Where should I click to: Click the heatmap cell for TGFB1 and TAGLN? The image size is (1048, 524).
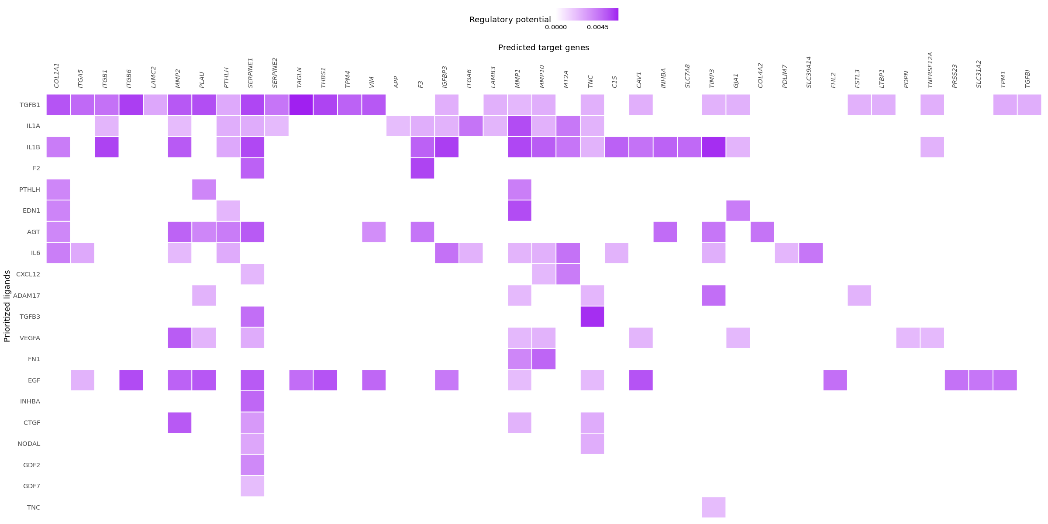[x=301, y=105]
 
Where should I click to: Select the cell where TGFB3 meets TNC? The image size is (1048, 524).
[x=592, y=317]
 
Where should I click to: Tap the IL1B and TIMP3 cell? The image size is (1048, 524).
[x=714, y=147]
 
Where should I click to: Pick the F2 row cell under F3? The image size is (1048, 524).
[x=422, y=168]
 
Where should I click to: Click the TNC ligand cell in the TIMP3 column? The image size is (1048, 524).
[x=714, y=507]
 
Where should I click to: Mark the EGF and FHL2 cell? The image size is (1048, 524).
[x=835, y=380]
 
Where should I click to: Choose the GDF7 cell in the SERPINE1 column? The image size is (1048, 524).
[x=252, y=486]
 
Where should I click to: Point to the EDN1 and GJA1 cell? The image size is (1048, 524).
[x=738, y=210]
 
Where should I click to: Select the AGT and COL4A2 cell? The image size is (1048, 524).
[x=762, y=232]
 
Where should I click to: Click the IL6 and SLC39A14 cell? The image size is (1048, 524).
[x=810, y=253]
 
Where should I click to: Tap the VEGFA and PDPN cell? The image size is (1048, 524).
[x=908, y=338]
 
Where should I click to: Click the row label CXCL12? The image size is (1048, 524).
[x=28, y=274]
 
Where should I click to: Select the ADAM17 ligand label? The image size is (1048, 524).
[x=27, y=296]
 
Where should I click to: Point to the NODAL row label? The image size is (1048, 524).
[x=29, y=444]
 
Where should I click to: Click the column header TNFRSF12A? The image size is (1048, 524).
[x=931, y=70]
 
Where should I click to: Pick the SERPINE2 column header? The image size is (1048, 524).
[x=275, y=72]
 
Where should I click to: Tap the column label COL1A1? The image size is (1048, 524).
[x=57, y=75]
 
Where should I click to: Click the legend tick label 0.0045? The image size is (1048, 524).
[x=597, y=27]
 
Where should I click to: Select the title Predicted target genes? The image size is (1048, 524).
[x=543, y=48]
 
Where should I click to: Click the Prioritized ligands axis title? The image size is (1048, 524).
[x=7, y=306]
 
